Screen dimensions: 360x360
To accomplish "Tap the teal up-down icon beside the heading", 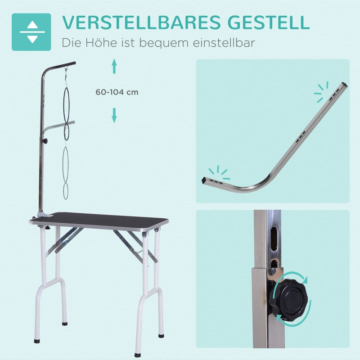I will [31, 32].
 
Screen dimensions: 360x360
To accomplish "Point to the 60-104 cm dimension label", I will [117, 92].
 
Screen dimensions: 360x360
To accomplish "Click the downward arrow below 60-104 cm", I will [114, 115].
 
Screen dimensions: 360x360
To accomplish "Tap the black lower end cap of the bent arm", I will [203, 181].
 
